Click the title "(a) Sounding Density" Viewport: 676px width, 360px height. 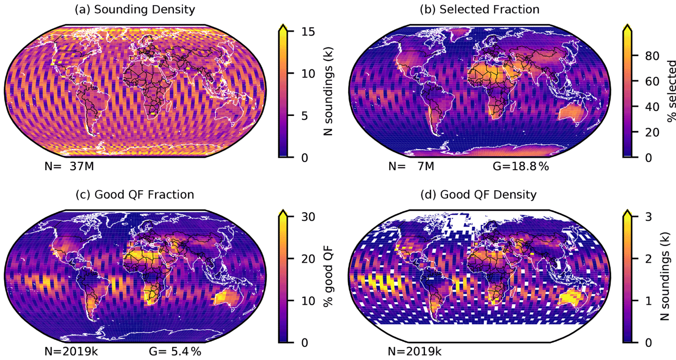pos(135,9)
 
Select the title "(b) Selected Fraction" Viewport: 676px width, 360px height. pos(479,9)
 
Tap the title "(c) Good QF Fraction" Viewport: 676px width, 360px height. pos(135,194)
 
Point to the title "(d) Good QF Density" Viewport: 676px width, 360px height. pos(479,194)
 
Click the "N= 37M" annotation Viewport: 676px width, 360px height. pos(63,165)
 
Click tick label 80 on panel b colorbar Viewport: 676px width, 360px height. pos(643,56)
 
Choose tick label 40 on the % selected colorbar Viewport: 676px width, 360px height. pos(643,107)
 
